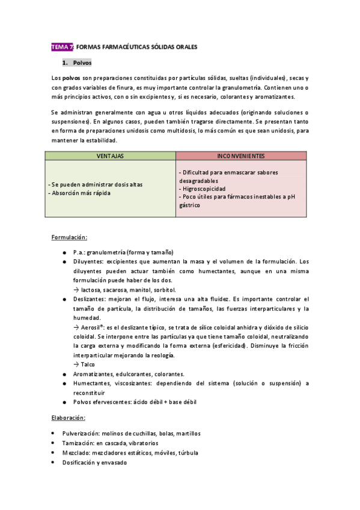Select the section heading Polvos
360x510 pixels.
coord(82,63)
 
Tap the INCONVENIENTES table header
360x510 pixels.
coord(241,156)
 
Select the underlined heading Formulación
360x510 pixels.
coord(69,237)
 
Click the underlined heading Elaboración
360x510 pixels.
coord(68,417)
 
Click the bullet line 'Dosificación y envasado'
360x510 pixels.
coord(94,462)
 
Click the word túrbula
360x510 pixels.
coord(187,453)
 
